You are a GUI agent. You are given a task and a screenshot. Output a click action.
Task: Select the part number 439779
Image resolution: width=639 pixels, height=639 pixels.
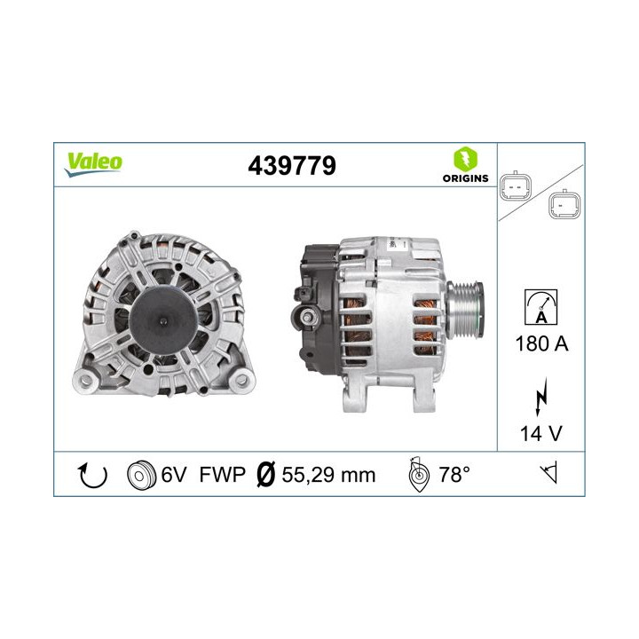pyautogui.click(x=292, y=166)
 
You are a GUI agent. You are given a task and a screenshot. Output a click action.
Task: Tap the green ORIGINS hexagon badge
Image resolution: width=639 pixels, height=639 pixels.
pyautogui.click(x=465, y=159)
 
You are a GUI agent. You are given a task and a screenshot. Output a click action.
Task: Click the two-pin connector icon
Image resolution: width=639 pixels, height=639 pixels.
pyautogui.click(x=516, y=187)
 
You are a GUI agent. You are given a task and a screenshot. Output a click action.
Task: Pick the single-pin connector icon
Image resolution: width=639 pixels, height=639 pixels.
pyautogui.click(x=564, y=204)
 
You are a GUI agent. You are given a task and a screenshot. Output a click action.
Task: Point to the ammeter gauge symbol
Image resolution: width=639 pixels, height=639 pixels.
pyautogui.click(x=540, y=307)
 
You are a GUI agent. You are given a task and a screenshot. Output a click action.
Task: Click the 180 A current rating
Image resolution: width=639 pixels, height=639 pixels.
pyautogui.click(x=541, y=343)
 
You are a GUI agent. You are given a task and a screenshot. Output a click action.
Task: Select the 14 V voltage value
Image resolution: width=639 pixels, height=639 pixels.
pyautogui.click(x=540, y=433)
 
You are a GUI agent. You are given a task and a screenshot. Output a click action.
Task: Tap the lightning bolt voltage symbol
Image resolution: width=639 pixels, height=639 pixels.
pyautogui.click(x=540, y=397)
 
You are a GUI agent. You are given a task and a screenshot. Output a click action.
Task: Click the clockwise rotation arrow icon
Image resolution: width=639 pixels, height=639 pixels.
pyautogui.click(x=93, y=475)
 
